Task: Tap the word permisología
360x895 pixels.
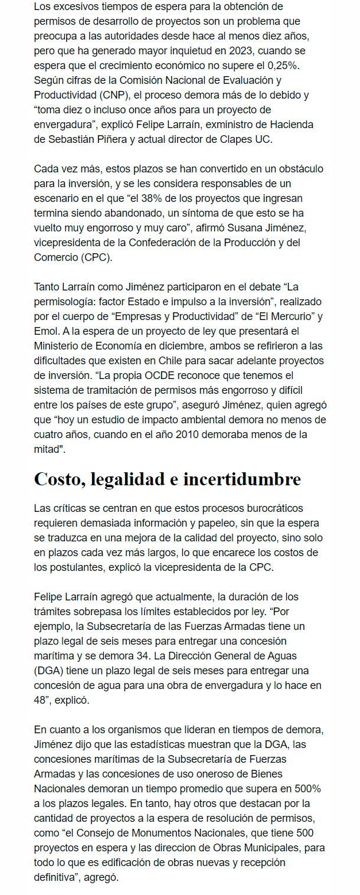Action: [65, 302]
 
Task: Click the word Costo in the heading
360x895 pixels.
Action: [58, 479]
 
